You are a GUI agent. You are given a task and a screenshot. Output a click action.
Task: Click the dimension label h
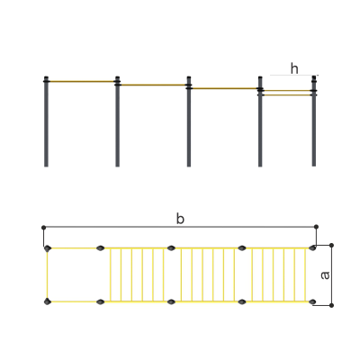(x=294, y=68)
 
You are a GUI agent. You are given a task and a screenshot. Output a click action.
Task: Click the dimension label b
(x=180, y=219)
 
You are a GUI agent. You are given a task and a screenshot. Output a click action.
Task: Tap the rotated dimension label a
(x=325, y=275)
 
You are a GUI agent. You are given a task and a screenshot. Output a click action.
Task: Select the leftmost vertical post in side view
(x=46, y=121)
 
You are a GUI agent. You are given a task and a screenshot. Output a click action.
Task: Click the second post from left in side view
(x=118, y=121)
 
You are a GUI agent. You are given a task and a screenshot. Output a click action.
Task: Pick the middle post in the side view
(x=189, y=121)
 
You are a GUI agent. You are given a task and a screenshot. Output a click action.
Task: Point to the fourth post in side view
(x=260, y=121)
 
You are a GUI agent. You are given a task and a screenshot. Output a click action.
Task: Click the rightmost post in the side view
(x=314, y=121)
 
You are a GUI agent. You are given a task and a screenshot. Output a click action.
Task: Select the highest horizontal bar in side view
(x=82, y=81)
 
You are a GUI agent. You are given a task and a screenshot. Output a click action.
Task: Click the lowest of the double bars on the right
(x=287, y=95)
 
